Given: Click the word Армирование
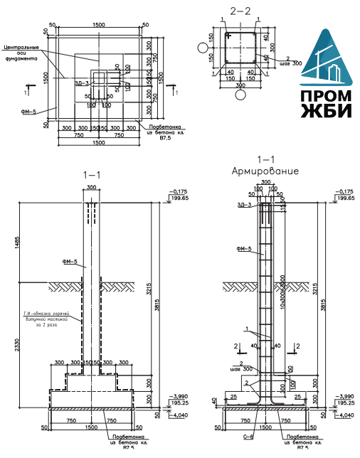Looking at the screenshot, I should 265,171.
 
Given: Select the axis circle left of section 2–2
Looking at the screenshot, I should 203,49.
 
